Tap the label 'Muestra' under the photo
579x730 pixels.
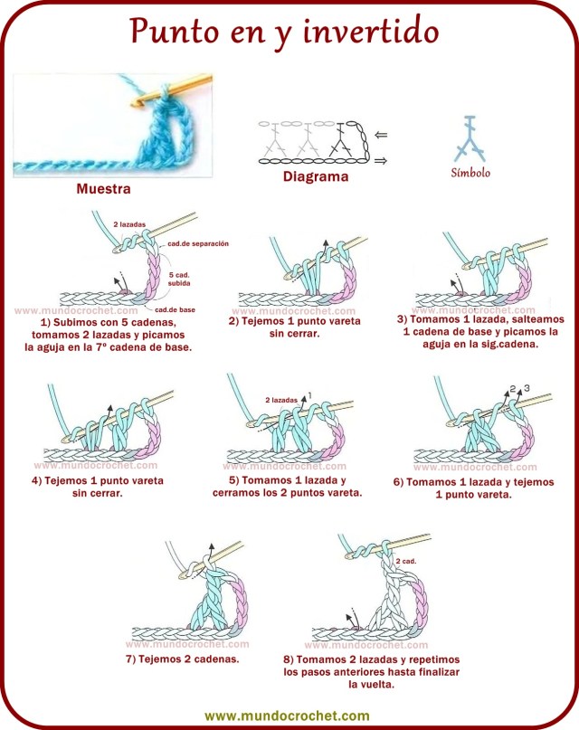[x=103, y=190]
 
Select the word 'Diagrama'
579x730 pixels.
[x=315, y=177]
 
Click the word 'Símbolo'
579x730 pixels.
[x=470, y=173]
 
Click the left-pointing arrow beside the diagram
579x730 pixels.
[x=381, y=135]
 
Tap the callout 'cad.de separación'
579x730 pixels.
[x=198, y=244]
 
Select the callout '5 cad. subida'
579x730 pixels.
[x=179, y=278]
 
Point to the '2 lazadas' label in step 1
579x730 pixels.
[x=128, y=223]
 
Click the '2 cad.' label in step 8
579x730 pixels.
[x=404, y=561]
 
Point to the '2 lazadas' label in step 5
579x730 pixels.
[x=280, y=399]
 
